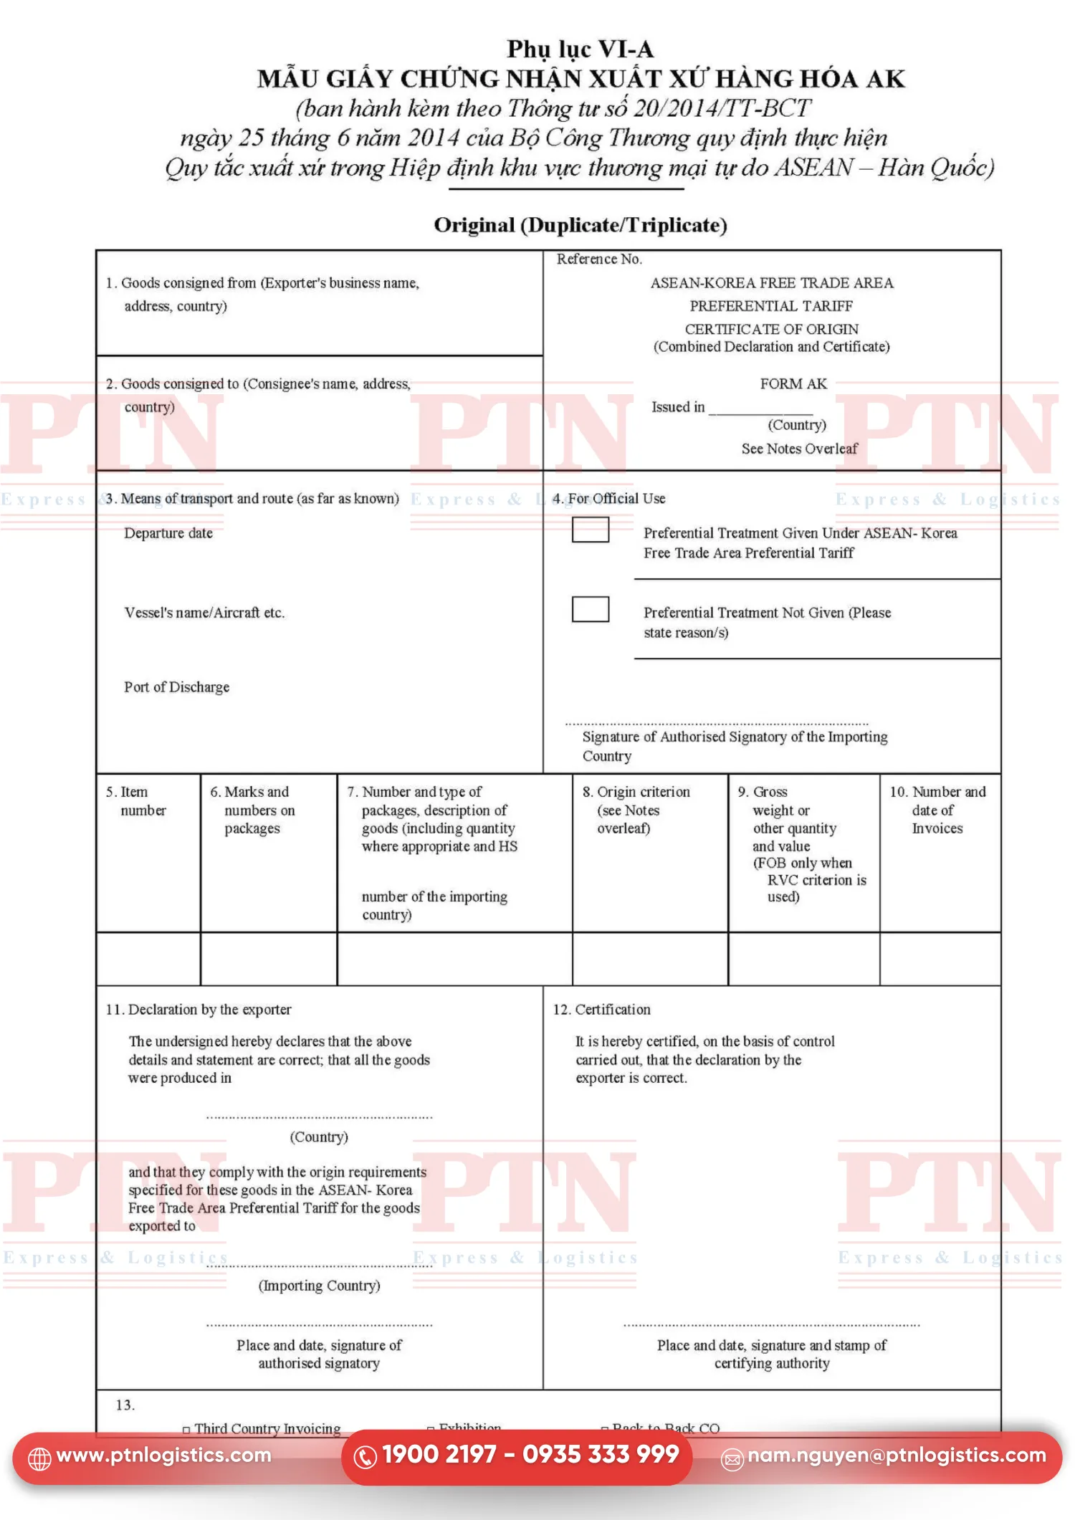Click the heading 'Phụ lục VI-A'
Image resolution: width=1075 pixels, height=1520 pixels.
point(580,49)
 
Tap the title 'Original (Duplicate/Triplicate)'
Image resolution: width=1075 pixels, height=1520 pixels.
point(580,225)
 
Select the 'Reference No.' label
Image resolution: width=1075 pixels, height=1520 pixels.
point(599,259)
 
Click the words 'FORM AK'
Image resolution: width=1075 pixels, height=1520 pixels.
point(793,383)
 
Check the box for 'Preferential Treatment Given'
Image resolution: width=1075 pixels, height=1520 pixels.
point(590,530)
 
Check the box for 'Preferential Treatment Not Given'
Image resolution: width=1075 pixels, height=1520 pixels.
point(590,609)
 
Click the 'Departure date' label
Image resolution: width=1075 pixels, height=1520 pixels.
point(168,533)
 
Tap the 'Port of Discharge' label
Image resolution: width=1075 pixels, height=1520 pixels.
point(177,687)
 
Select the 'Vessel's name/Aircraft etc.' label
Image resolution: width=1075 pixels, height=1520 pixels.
point(204,613)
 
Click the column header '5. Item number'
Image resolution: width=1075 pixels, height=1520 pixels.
point(136,800)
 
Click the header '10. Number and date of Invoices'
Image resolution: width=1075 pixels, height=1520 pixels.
point(937,810)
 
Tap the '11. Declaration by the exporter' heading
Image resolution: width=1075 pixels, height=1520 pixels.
point(199,1009)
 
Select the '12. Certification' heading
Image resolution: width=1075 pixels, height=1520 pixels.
point(602,1009)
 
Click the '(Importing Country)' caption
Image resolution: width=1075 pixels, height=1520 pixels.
point(319,1285)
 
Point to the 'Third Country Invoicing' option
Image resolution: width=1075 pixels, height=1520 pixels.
point(267,1428)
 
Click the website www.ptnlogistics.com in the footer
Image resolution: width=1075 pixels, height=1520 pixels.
point(163,1455)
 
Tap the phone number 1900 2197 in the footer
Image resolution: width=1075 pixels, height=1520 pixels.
point(439,1454)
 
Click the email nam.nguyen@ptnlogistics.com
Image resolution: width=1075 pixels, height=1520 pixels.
point(896,1455)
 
